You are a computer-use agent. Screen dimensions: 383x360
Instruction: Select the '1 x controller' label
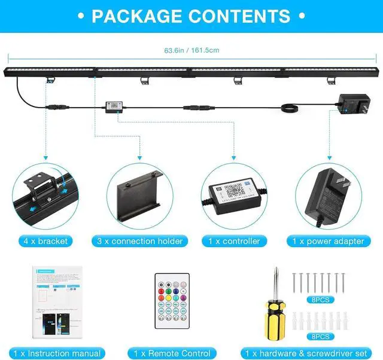click(x=233, y=241)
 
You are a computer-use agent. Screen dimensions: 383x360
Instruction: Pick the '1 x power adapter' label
click(x=328, y=241)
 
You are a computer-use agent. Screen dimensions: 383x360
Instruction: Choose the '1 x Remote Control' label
click(x=172, y=353)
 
